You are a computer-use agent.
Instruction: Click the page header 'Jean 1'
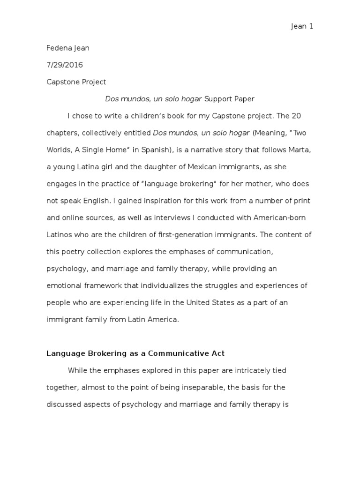point(302,27)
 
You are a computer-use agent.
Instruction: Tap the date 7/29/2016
point(65,65)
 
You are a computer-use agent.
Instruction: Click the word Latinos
point(61,234)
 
